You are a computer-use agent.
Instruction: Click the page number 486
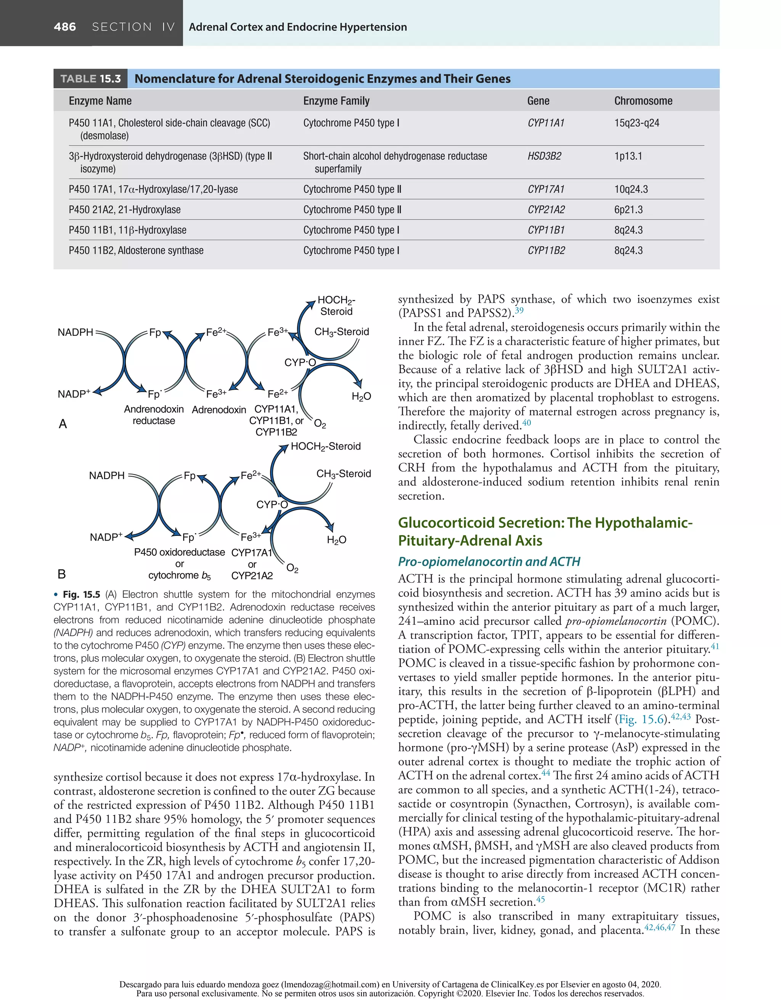[x=65, y=27]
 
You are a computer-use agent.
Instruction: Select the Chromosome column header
[x=643, y=101]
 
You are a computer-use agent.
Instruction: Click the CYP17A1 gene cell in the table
[x=546, y=189]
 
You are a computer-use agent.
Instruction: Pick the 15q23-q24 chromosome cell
[x=636, y=123]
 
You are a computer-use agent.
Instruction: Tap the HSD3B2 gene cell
[x=544, y=156]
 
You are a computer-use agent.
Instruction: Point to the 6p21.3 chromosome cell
[x=628, y=210]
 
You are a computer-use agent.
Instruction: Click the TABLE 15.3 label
[x=91, y=79]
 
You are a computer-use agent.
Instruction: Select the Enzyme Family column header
[x=336, y=101]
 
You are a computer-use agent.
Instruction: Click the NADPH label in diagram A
[x=76, y=332]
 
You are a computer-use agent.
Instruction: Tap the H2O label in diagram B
[x=336, y=540]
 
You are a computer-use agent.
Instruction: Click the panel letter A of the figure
[x=63, y=424]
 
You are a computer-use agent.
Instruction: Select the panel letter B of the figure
[x=62, y=574]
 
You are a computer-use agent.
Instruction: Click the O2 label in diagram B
[x=292, y=569]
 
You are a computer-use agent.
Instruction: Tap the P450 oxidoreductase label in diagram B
[x=179, y=552]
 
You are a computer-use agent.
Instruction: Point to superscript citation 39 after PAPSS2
[x=519, y=311]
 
